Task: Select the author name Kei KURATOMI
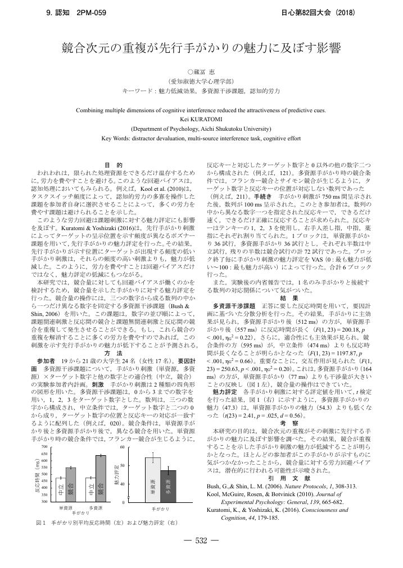pyautogui.click(x=201, y=119)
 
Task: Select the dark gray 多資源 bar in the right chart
pyautogui.click(x=168, y=487)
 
